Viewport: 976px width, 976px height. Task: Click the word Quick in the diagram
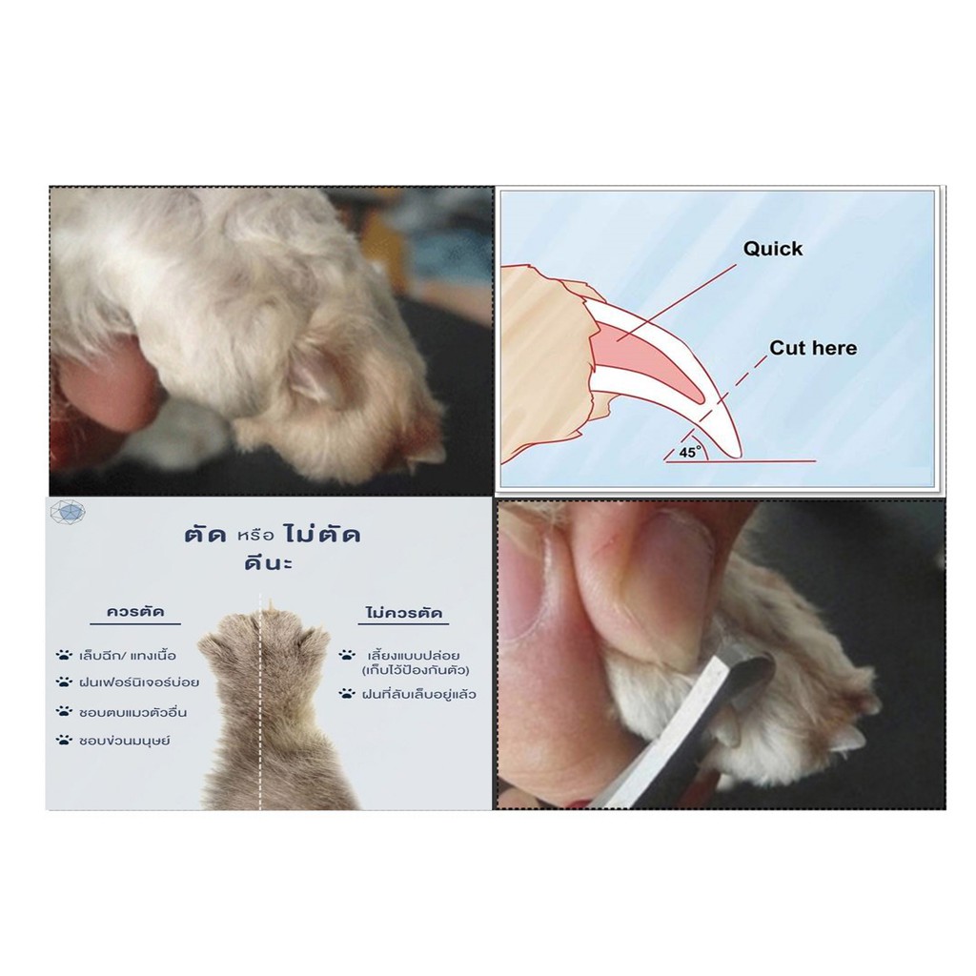[x=772, y=249]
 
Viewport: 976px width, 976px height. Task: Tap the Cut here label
[x=813, y=348]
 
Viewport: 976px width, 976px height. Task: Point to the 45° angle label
[x=689, y=452]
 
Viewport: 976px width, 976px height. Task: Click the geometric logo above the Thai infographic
[x=68, y=513]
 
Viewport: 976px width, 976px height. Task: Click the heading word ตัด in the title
[x=205, y=536]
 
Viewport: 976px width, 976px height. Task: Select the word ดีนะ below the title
[x=268, y=564]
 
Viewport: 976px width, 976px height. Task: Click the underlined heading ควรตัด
[x=135, y=611]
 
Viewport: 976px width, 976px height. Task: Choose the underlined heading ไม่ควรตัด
[x=404, y=613]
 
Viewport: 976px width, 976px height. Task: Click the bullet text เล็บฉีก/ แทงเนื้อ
[x=128, y=655]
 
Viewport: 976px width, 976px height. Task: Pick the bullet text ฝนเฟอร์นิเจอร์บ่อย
[x=139, y=682]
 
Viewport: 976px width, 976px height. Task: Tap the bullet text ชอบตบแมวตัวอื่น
[x=132, y=711]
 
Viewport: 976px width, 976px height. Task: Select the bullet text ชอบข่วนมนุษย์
[x=125, y=741]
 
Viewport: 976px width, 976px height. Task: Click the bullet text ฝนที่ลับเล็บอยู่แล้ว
[x=418, y=694]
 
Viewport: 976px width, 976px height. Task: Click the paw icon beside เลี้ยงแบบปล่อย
[x=347, y=655]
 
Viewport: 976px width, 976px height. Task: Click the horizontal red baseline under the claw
[x=740, y=462]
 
